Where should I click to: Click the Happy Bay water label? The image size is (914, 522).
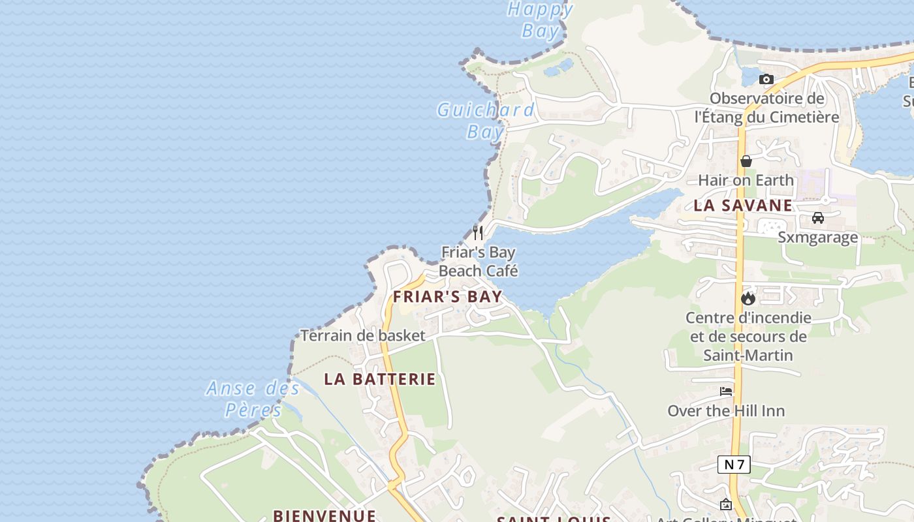click(x=541, y=20)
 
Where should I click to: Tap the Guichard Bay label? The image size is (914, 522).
click(x=486, y=120)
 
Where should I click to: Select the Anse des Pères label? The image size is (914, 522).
click(x=253, y=399)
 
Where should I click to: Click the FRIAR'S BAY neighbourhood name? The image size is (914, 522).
click(x=447, y=296)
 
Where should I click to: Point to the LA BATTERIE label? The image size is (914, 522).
click(x=380, y=379)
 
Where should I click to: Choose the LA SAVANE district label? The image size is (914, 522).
click(x=743, y=206)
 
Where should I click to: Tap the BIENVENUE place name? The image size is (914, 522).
click(x=324, y=515)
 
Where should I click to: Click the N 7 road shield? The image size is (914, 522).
click(x=734, y=465)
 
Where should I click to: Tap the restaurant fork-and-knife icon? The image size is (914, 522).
click(x=479, y=232)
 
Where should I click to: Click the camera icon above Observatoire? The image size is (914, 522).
click(x=766, y=80)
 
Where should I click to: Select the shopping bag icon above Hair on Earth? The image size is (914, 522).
click(x=746, y=161)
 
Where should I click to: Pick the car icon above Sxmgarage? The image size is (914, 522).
click(x=818, y=218)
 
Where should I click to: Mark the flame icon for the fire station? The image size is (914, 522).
click(x=748, y=298)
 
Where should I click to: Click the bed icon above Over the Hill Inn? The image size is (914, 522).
click(x=726, y=391)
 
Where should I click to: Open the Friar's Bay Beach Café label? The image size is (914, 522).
click(x=479, y=261)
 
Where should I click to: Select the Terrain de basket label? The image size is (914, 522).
click(x=363, y=336)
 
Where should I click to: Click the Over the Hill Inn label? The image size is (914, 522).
click(x=726, y=411)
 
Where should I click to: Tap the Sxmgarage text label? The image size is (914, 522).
click(x=817, y=237)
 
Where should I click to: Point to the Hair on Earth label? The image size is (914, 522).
click(x=746, y=180)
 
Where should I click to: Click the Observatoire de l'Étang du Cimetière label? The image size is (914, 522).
click(x=767, y=108)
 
